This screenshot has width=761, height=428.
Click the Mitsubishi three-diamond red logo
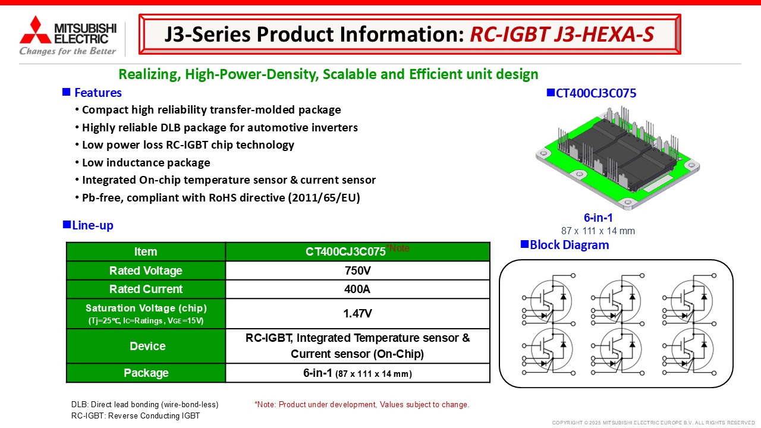[x=35, y=30]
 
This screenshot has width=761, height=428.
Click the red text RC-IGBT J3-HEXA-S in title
[x=562, y=34]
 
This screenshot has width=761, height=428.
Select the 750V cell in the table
[x=357, y=270]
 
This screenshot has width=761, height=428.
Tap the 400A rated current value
[x=357, y=289]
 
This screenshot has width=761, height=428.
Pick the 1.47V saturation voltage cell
[x=357, y=313]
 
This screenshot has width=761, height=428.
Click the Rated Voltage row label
[x=146, y=270]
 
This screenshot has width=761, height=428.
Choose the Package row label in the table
[x=146, y=373]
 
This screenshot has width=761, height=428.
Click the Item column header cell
[x=146, y=251]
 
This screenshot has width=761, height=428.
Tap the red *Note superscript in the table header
[x=398, y=248]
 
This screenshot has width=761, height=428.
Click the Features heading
[x=98, y=93]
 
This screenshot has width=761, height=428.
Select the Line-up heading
[x=92, y=225]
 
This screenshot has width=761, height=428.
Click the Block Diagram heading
[x=569, y=245]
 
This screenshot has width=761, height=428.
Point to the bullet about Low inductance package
[x=146, y=162]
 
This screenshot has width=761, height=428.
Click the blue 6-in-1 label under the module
[x=598, y=218]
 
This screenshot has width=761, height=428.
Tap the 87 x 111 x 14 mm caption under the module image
[x=598, y=231]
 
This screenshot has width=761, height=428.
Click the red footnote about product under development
[x=362, y=405]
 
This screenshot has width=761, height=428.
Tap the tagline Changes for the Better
[x=68, y=51]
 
